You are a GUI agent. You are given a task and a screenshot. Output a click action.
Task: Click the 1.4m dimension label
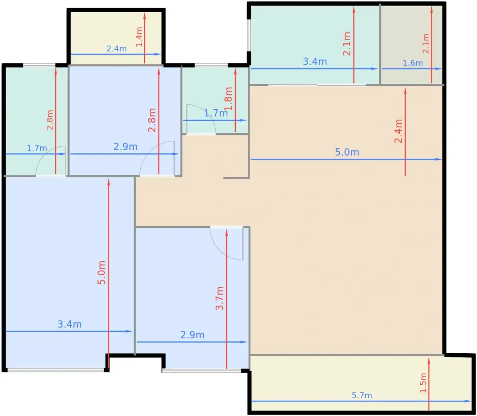(139, 37)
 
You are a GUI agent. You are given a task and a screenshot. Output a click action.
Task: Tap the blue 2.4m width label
(117, 49)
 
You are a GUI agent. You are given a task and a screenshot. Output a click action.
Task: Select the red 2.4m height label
(398, 131)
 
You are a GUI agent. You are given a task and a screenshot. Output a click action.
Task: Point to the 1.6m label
(413, 63)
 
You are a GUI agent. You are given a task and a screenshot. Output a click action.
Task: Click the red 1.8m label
(228, 98)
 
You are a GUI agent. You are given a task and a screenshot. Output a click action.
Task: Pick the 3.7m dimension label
(219, 298)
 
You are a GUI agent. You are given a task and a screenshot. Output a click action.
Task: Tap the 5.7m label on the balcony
(362, 395)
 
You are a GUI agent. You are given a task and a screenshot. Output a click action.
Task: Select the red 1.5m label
(423, 383)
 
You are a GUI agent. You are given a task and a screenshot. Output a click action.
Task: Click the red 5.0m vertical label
(102, 273)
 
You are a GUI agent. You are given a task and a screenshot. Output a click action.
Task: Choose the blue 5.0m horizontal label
(347, 152)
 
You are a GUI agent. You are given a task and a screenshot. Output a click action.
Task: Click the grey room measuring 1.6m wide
(412, 44)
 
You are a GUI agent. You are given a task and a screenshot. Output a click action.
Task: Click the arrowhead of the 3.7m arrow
(226, 233)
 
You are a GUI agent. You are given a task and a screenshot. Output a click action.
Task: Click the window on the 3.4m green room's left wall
(249, 35)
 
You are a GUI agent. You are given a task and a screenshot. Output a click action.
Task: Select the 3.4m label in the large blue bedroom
(70, 324)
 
